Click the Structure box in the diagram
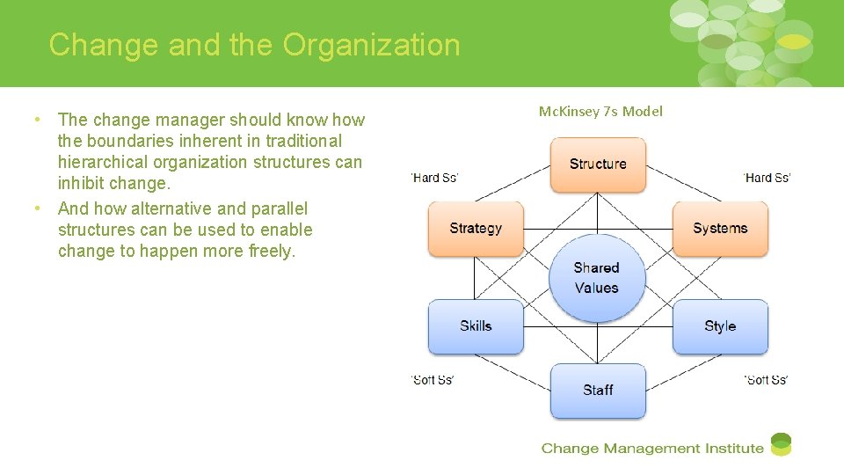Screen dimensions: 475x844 point(598,164)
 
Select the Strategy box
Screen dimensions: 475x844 point(476,229)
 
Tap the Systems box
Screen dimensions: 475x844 point(720,229)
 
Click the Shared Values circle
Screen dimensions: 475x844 point(597,278)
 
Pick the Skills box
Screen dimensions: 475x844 point(476,326)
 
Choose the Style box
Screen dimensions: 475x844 point(720,326)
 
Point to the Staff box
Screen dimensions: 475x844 point(598,391)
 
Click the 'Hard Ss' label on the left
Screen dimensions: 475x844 point(434,178)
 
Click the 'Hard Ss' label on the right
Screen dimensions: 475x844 point(767,178)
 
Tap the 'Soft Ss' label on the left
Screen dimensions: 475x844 point(433,380)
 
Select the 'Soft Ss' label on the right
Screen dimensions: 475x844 point(766,380)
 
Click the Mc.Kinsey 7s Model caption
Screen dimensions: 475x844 point(600,112)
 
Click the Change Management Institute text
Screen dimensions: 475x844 point(652,449)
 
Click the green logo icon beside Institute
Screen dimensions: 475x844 point(781,445)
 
